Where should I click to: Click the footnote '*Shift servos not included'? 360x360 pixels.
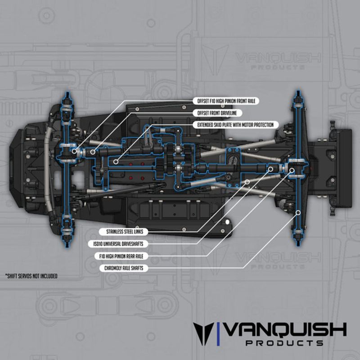31,276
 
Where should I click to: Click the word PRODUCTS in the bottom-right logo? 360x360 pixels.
285,343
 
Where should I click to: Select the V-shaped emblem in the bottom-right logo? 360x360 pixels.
203,333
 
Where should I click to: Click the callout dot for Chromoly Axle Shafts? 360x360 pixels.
297,211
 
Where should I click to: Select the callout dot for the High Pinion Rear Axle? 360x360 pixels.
292,170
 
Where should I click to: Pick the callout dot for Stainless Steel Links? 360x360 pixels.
247,182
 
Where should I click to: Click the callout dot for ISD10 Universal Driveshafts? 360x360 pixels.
271,169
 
